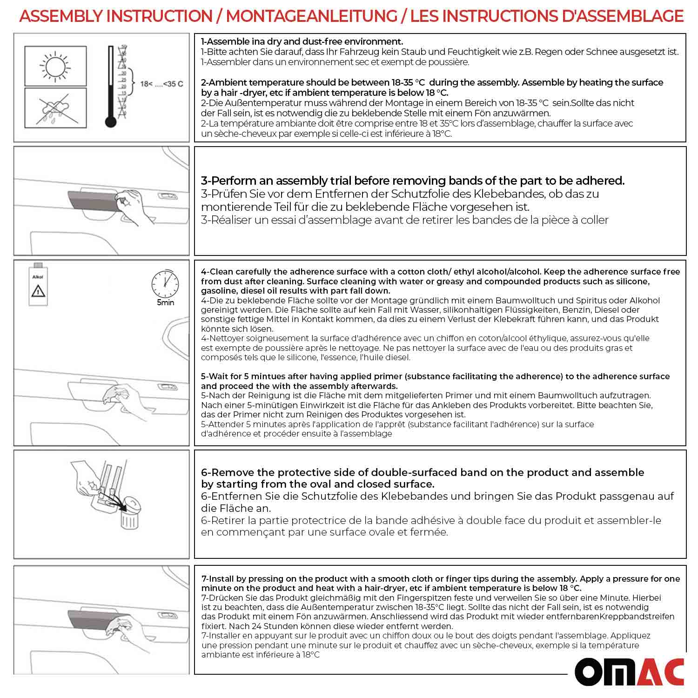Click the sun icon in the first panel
55,66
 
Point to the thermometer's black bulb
110,122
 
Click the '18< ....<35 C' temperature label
161,84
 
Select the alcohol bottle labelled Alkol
38,285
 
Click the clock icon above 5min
165,283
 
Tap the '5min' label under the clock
165,302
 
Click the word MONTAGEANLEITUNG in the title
311,16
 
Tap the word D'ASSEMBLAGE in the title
622,16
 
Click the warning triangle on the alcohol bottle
38,292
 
